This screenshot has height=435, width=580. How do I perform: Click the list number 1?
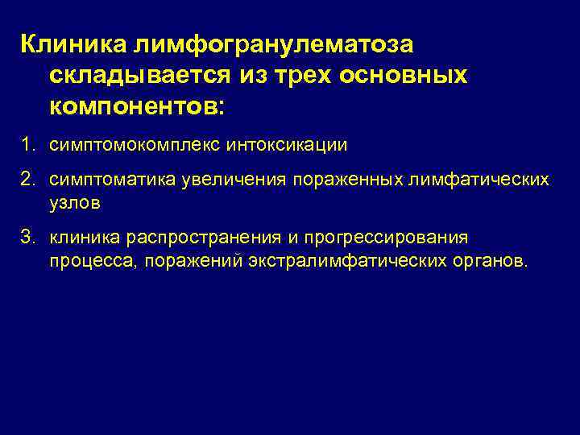[28, 145]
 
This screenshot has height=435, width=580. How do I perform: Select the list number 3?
[28, 238]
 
